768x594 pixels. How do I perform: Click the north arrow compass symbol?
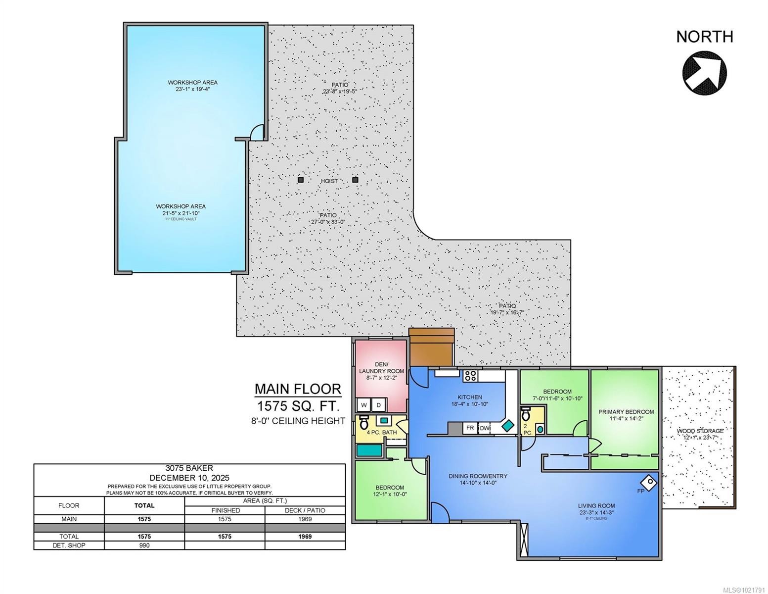[704, 73]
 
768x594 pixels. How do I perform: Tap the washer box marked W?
[364, 405]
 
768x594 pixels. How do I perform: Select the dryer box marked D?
[379, 405]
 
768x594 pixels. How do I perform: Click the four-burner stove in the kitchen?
[469, 376]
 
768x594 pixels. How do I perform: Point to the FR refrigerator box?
[470, 428]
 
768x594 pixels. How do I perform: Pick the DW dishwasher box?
[485, 428]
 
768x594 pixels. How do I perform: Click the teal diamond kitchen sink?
[507, 425]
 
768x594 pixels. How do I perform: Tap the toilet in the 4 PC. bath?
[364, 423]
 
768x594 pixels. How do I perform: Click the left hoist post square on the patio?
[300, 180]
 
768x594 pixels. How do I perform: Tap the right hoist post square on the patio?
[355, 180]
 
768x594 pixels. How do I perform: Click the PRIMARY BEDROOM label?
[626, 412]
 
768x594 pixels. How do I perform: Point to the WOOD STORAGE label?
[700, 431]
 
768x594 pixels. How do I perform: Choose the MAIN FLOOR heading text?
[298, 389]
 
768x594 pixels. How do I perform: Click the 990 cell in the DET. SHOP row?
[144, 545]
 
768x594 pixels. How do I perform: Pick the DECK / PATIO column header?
[305, 510]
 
